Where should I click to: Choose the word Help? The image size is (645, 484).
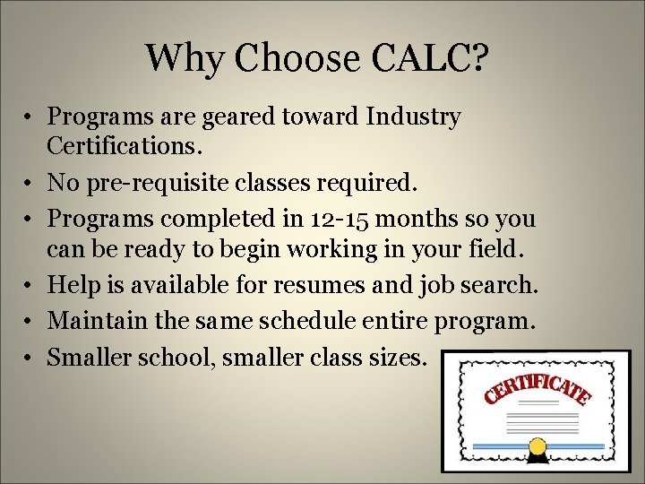[72, 285]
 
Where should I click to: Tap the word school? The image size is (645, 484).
[174, 358]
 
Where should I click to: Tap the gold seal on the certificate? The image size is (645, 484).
[537, 445]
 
